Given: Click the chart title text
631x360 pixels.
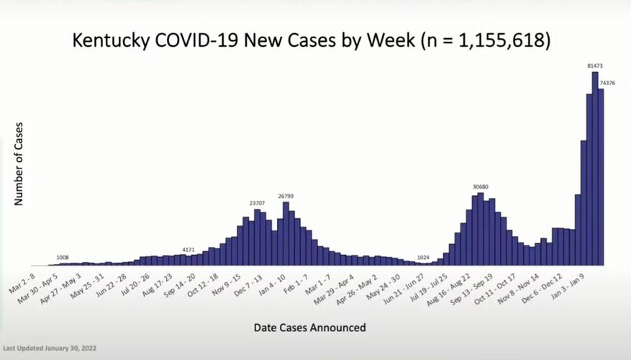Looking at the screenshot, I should coord(312,40).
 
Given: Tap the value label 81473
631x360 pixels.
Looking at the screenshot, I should coord(594,66).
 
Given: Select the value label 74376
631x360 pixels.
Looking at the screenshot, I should coord(607,84).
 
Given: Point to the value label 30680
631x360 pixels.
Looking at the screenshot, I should coord(479,187).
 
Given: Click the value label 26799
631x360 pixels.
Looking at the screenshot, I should coord(286,196).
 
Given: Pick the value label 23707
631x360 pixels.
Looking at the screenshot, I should coord(258,204).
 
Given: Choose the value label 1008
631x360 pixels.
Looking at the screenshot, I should coord(63,257).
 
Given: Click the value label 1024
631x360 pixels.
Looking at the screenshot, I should coord(423,257).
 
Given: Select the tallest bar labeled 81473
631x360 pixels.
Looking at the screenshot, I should coord(595,168).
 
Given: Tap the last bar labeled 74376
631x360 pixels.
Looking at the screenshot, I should coord(601,177).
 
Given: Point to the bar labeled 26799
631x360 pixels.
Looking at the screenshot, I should coord(286,233).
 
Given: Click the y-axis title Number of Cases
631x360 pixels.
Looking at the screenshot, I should coord(19,164).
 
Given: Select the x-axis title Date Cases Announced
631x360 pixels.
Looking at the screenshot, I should coord(309,328).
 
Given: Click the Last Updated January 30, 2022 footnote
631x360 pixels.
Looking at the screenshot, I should coord(49,348).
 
